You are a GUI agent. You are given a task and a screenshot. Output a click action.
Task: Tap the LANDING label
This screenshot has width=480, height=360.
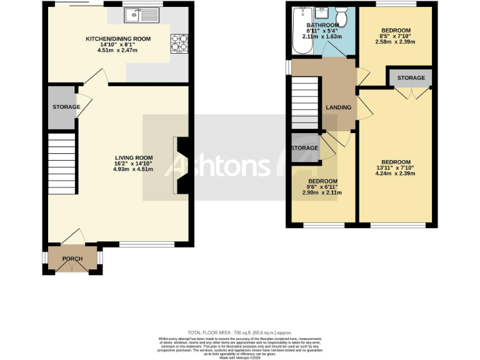338,107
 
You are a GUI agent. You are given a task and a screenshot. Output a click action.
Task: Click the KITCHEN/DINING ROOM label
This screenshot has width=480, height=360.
118,39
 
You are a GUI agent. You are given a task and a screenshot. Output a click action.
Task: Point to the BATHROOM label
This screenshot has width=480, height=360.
322,26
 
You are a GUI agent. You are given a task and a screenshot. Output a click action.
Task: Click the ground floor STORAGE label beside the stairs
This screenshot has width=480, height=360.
66,107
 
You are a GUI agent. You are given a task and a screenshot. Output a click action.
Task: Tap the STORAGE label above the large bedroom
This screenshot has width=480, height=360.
411,78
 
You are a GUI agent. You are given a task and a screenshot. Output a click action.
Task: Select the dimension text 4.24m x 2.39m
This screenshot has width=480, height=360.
395,174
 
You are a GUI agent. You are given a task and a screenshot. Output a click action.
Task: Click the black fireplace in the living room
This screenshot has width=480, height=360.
182,167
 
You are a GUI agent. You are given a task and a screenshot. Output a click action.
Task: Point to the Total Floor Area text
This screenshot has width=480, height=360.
239,332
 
